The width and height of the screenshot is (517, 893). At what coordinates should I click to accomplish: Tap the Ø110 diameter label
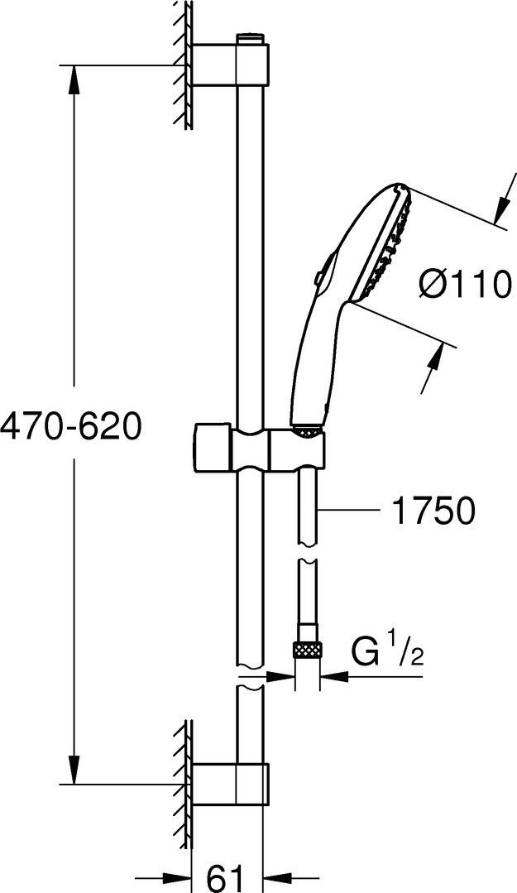[464, 285]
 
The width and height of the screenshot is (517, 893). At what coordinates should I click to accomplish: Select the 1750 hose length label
[433, 511]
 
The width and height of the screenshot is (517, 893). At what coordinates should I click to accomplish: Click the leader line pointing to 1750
[347, 511]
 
